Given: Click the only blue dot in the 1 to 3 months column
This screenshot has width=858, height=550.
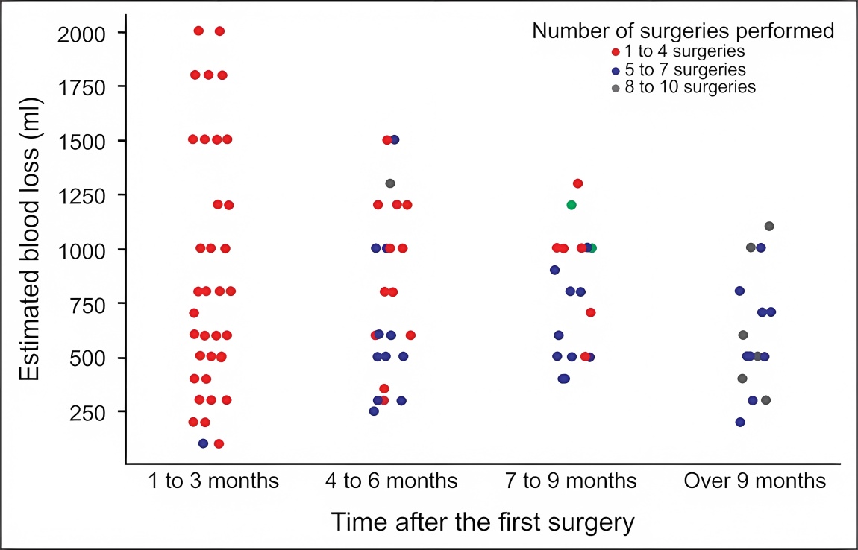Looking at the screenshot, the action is tap(203, 443).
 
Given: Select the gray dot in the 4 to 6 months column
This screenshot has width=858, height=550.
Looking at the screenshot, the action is tap(390, 183).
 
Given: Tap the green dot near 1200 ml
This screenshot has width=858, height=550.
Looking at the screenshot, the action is tap(572, 205).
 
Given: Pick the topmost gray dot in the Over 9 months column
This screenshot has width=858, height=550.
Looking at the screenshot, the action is tap(769, 227).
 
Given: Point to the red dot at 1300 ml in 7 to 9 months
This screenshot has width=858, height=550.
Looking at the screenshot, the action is tap(577, 183).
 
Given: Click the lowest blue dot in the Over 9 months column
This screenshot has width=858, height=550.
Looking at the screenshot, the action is tap(740, 422).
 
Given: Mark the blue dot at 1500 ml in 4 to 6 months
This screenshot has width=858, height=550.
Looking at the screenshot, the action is tap(395, 139).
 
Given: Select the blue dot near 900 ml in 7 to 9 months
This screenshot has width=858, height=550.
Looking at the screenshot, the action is tap(554, 270).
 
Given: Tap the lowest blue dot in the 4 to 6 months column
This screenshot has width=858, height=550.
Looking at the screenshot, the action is tap(374, 411).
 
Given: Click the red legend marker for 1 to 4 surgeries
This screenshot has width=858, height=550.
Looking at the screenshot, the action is tap(616, 52).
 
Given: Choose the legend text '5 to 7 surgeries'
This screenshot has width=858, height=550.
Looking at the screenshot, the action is tap(685, 69).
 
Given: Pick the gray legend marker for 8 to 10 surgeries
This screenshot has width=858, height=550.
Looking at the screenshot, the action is tap(616, 88).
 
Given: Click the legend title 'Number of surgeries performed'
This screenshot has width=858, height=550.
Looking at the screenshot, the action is tap(683, 31).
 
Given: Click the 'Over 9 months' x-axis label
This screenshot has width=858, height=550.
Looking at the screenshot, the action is tap(754, 481).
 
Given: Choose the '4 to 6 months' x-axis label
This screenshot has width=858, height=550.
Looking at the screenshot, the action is tap(391, 481).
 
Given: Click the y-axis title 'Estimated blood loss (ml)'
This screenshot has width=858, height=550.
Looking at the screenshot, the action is tap(31, 240).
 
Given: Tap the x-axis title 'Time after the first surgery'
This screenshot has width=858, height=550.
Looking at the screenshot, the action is tap(483, 522).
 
